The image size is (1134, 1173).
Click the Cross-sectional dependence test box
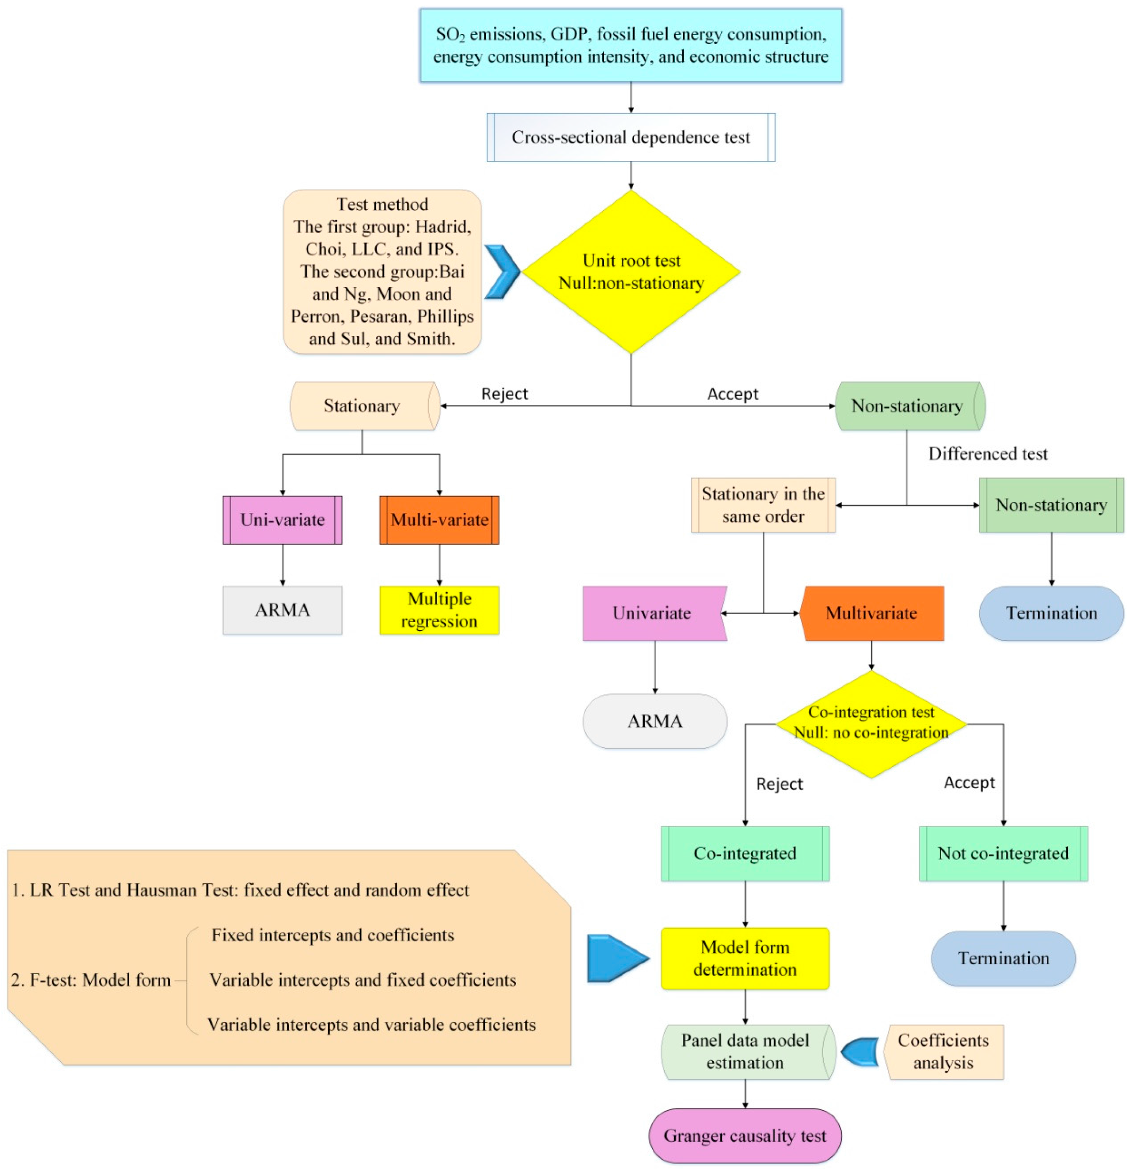click(630, 138)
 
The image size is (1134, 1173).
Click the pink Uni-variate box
click(282, 519)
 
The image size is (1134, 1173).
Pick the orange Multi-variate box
click(439, 519)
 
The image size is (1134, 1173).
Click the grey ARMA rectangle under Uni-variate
click(282, 610)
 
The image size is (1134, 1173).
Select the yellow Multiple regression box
click(439, 610)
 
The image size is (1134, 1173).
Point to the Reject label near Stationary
click(504, 394)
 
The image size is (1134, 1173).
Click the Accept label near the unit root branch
click(732, 394)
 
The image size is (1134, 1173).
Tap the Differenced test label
click(987, 454)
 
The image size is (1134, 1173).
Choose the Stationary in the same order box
click(763, 505)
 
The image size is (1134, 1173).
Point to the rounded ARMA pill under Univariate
click(654, 721)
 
